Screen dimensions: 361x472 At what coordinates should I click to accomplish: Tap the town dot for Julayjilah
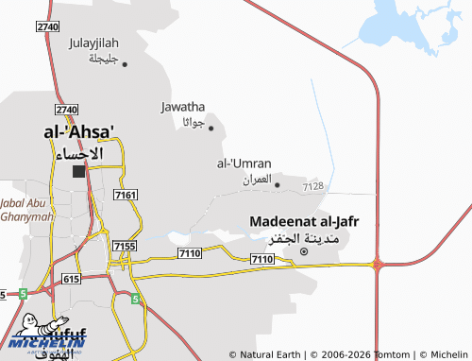coord(125,64)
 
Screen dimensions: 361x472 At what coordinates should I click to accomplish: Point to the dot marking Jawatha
coord(211,128)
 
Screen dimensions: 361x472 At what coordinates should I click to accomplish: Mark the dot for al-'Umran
coord(278,184)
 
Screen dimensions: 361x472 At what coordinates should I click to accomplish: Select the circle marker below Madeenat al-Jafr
coord(304,252)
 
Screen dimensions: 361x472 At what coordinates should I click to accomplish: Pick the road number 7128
coord(313,187)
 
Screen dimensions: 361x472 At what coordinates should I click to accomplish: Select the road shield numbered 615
coord(70,280)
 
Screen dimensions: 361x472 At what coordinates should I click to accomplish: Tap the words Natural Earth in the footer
coord(274,354)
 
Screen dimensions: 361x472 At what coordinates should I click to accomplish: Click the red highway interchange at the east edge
coord(377,265)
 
